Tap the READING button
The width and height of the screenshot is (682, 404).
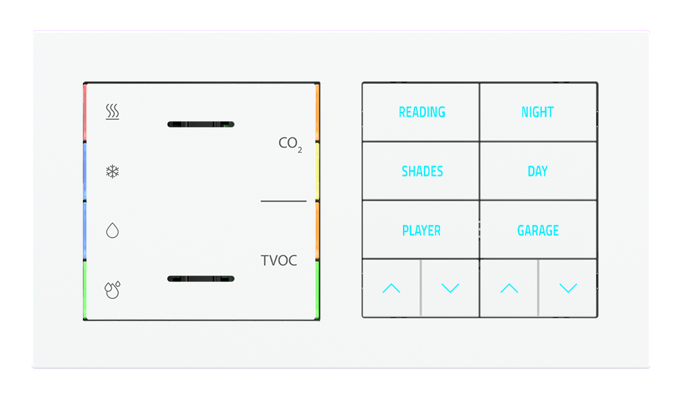click(421, 112)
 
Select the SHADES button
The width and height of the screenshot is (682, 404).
click(421, 171)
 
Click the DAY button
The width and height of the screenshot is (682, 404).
click(538, 171)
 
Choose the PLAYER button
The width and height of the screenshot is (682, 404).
click(421, 230)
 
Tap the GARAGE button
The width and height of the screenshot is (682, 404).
click(538, 230)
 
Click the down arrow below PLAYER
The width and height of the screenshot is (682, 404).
click(450, 288)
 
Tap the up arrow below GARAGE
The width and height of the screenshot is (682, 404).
click(509, 288)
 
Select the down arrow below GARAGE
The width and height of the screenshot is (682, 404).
click(568, 288)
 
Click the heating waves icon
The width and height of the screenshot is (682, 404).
click(113, 112)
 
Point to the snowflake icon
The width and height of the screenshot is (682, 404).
click(113, 172)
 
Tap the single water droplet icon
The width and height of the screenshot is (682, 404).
click(113, 231)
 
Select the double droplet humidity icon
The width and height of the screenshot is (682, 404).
click(113, 290)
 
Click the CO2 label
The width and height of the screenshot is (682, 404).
click(290, 143)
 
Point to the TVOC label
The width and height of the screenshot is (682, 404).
click(279, 261)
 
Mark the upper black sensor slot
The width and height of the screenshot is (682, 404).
click(200, 125)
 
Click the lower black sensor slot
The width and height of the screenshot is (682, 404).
click(200, 279)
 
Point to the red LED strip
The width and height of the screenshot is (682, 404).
click(85, 112)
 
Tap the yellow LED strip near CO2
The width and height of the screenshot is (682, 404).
click(317, 171)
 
